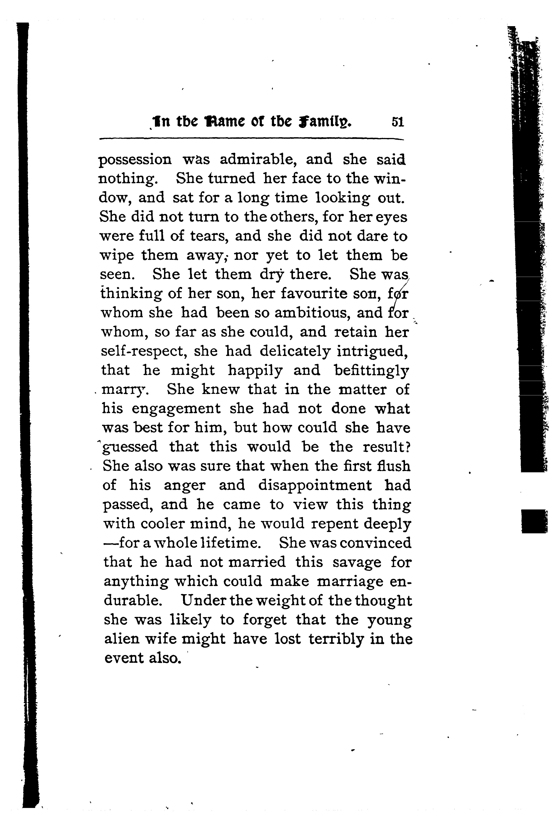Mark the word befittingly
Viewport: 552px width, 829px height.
click(371, 371)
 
